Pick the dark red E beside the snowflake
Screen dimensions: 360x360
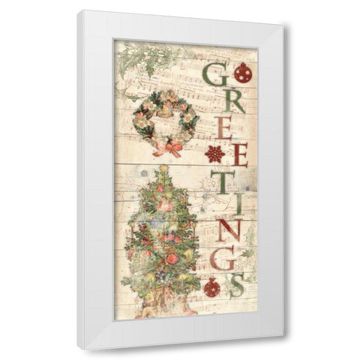pos(239,154)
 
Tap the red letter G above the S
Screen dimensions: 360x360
pos(222,259)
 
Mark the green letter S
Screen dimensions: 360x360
pos(238,286)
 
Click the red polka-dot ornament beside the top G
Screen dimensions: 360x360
pos(243,73)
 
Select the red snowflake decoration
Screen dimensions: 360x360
pos(215,154)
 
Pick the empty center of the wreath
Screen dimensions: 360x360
pos(166,120)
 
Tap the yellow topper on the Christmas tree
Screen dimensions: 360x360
pos(163,169)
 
